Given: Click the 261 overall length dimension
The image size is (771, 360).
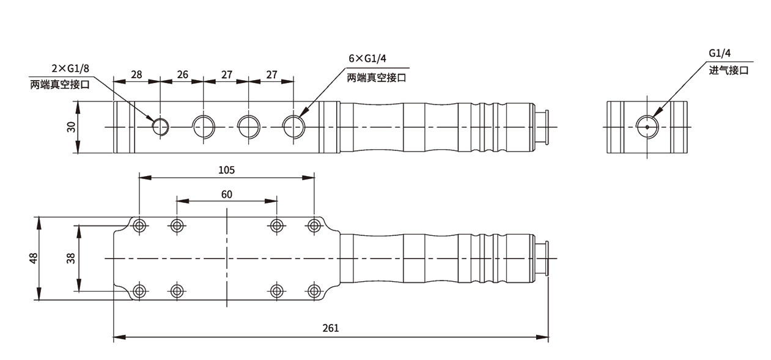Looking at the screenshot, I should point(330,328).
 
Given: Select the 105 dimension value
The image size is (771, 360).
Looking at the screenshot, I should point(226,169).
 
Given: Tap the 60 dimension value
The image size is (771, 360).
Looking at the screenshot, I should point(226,194).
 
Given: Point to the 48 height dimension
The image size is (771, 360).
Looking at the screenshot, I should point(33,258).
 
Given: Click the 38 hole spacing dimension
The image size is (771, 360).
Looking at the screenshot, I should point(71,258).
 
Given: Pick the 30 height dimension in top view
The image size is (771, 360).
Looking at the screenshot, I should point(72,127).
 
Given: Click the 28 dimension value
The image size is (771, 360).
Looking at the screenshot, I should point(136,75).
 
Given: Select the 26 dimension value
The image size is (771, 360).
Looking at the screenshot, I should point(182,75).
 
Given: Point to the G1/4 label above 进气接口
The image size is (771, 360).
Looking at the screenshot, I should point(720,53).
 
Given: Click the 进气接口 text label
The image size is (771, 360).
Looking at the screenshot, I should point(729,70).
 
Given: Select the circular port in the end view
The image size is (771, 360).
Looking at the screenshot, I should point(647,127).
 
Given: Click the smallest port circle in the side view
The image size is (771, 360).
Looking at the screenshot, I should point(161,127).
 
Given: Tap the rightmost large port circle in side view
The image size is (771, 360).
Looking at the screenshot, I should point(293,127).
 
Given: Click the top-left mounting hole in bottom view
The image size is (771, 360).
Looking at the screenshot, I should point(140,226).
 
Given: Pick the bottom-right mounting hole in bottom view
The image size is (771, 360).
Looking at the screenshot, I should point(314,290).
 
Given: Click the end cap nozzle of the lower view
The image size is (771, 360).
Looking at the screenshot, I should point(542,258).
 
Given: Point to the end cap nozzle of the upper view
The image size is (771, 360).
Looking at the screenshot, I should point(542,127).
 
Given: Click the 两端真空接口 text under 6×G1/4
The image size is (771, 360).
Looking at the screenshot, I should point(377,78).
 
